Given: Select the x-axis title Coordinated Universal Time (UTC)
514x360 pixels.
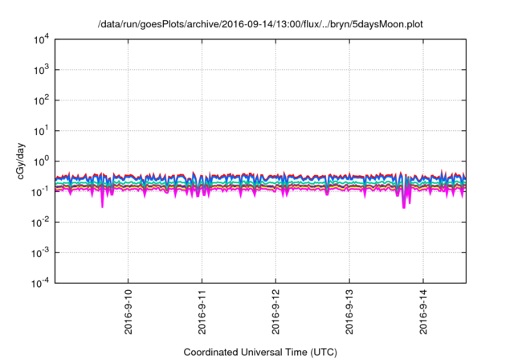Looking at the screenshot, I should [259, 352].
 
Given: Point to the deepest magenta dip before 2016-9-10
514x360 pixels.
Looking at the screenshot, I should [102, 206].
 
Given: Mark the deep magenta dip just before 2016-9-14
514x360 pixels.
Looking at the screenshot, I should [404, 207].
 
